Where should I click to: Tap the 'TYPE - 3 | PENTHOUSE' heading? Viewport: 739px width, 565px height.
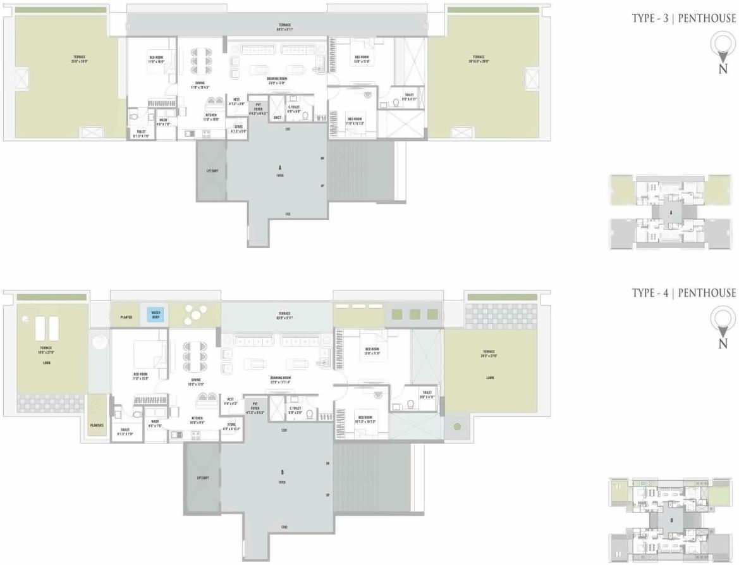[684, 18]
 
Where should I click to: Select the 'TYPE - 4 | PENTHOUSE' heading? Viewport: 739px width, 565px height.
[684, 292]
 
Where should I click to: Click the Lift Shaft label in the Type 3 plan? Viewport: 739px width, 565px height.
[211, 171]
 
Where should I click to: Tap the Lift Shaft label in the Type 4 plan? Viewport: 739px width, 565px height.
[202, 478]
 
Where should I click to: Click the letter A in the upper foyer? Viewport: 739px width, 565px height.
[279, 167]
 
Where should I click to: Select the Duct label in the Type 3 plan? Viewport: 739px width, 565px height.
[277, 118]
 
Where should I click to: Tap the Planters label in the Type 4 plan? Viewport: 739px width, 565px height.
[97, 426]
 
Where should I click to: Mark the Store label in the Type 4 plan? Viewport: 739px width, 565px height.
[231, 426]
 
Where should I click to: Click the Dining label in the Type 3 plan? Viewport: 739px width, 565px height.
[199, 84]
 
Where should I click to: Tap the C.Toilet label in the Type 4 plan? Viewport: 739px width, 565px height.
[295, 410]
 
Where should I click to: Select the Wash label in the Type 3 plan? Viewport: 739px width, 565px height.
[163, 121]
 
